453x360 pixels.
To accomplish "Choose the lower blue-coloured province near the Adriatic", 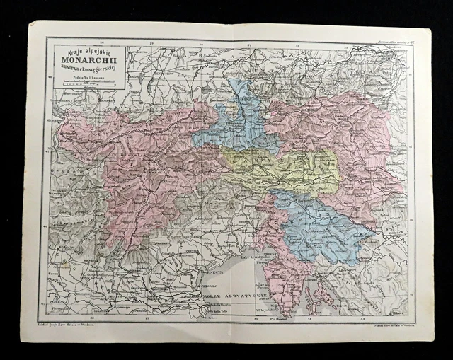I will coord(319,230).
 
